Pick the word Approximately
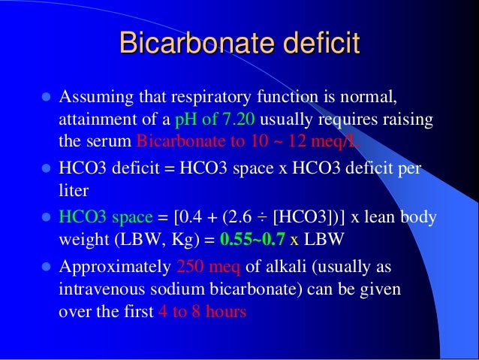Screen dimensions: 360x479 pos(114,267)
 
